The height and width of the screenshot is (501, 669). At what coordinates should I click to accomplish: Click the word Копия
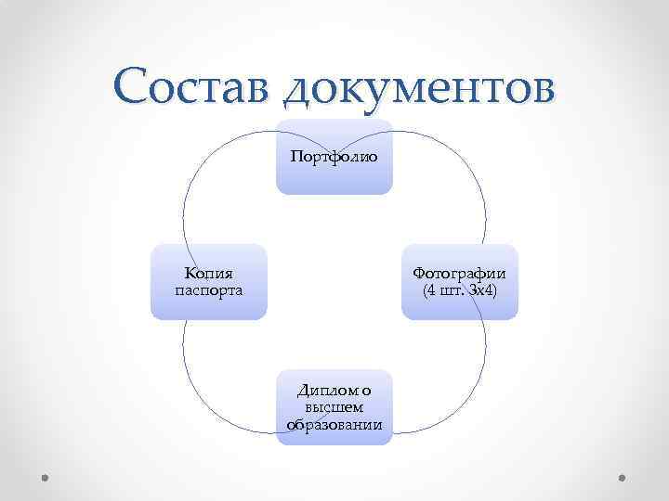coord(208,274)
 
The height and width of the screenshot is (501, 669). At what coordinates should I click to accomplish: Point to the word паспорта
coord(208,290)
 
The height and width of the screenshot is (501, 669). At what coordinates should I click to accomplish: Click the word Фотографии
coord(459,274)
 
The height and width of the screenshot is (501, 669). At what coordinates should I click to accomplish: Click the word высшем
coord(334,408)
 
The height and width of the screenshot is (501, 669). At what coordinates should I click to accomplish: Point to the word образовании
coord(334,424)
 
